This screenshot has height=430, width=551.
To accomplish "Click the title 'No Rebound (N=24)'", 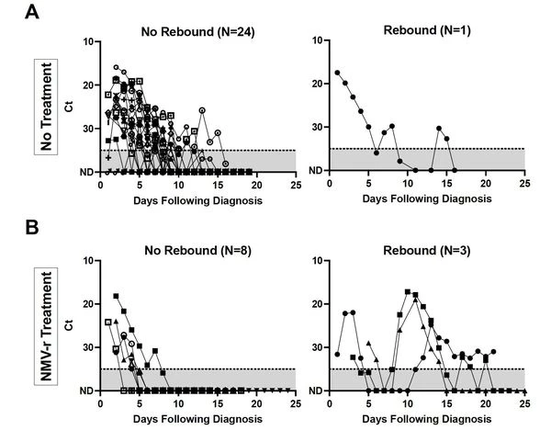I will pos(197,33).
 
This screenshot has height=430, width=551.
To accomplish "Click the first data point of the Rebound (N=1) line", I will pos(337,73).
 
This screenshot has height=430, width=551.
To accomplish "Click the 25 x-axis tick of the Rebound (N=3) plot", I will pos(524,402).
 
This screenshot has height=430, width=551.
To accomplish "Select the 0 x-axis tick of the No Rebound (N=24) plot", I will pos(101,184).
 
